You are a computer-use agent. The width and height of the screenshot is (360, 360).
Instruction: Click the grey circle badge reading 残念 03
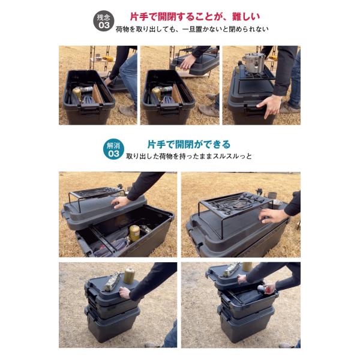point(104,20)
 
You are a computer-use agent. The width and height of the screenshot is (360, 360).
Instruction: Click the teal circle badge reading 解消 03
point(113,149)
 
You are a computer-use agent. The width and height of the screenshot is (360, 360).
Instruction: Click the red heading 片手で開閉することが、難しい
point(195,17)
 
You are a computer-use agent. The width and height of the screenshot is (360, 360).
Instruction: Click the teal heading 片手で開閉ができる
point(189,145)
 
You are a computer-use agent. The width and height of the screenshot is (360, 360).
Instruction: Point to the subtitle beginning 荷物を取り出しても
point(192,29)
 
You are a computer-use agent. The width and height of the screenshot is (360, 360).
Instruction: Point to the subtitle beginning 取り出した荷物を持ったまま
point(189,157)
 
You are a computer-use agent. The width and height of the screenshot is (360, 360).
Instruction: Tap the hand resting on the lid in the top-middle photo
point(188,62)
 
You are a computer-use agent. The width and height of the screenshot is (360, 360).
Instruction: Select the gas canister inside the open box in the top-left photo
point(78,94)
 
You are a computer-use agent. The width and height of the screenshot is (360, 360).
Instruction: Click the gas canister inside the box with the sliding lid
point(134,233)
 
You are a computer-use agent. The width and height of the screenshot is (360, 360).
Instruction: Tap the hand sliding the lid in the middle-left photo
point(121,202)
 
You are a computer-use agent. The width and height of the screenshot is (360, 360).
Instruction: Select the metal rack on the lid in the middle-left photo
point(97,195)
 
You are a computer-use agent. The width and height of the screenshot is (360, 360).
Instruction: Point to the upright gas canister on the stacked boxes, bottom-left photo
point(129,276)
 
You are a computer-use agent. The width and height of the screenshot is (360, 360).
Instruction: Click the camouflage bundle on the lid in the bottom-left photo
point(113,281)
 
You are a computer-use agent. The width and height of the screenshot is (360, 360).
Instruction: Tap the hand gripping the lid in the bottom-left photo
point(125,293)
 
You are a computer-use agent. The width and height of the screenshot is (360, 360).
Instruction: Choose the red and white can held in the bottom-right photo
point(263,289)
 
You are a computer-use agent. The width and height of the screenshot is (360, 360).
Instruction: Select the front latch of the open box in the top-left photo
point(90,109)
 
